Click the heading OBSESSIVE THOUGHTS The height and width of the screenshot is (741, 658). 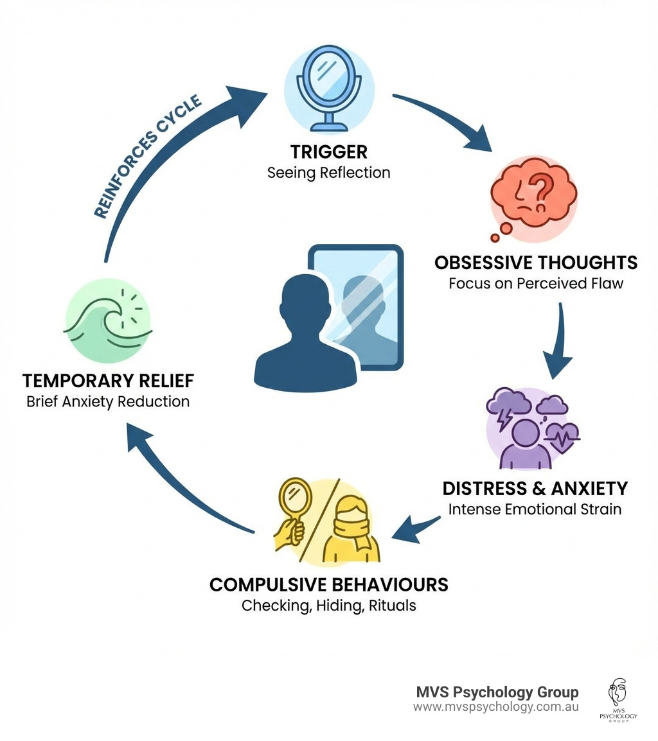(536, 263)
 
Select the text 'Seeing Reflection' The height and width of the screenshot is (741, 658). (328, 173)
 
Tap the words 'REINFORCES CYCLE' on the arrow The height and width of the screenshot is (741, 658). (148, 157)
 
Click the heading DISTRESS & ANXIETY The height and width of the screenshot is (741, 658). (535, 489)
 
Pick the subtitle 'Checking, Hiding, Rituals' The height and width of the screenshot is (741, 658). (328, 606)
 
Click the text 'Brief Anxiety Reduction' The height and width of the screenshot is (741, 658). (108, 402)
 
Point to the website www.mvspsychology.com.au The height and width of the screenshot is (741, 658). (495, 707)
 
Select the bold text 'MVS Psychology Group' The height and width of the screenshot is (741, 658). (497, 692)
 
